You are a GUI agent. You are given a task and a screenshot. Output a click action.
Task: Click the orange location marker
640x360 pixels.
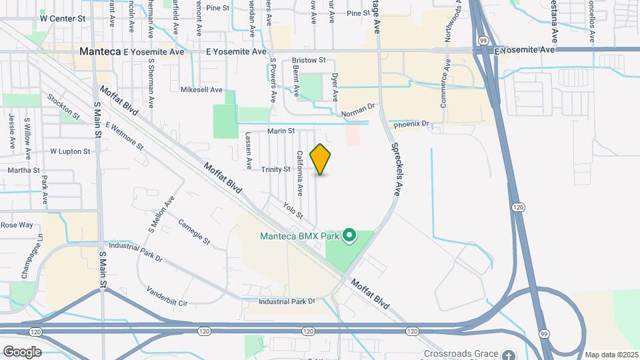pyautogui.click(x=321, y=159)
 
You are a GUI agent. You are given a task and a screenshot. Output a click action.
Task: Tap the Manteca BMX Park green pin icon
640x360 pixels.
pyautogui.click(x=349, y=235)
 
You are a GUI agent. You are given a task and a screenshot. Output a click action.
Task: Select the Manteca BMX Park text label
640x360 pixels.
pyautogui.click(x=299, y=236)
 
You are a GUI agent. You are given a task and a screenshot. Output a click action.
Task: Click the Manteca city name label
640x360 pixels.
pyautogui.click(x=99, y=51)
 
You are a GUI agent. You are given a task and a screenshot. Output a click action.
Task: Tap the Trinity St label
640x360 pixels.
pyautogui.click(x=275, y=169)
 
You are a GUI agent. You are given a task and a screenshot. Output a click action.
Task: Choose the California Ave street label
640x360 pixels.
pyautogui.click(x=300, y=173)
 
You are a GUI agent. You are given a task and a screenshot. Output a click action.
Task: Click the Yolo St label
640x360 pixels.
pyautogui.click(x=293, y=211)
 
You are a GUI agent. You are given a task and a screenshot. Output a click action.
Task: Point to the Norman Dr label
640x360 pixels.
pyautogui.click(x=359, y=110)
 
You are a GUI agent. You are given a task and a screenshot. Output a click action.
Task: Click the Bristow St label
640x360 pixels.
pyautogui.click(x=308, y=60)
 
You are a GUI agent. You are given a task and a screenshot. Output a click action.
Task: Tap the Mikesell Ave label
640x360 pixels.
pyautogui.click(x=201, y=89)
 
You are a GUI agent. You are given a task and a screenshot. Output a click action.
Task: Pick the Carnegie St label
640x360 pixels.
pyautogui.click(x=194, y=231)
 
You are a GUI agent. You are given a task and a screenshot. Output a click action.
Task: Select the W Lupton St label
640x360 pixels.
pyautogui.click(x=70, y=151)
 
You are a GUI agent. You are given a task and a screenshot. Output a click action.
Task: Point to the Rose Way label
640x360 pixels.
pyautogui.click(x=17, y=225)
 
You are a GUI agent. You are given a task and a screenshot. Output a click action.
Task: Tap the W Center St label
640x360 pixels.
pyautogui.click(x=63, y=19)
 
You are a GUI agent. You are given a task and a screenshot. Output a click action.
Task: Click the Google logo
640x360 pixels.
pyautogui.click(x=22, y=351)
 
